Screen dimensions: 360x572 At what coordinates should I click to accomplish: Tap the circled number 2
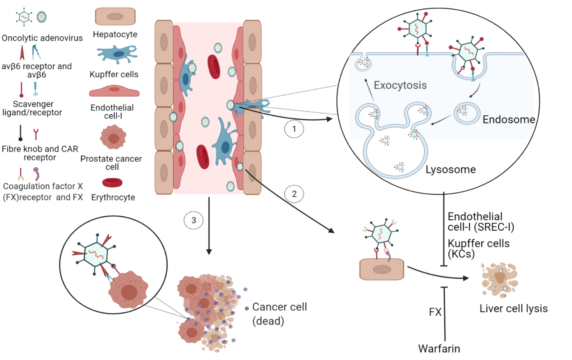(294, 195)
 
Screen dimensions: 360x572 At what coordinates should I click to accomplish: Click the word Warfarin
(439, 349)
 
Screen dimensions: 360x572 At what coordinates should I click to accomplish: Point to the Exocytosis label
(400, 85)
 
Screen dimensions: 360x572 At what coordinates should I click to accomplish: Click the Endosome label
(509, 119)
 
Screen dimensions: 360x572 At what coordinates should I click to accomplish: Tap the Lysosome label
(450, 170)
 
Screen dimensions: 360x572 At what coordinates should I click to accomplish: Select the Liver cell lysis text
(513, 309)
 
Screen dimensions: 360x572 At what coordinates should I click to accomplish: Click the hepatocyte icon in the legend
(115, 16)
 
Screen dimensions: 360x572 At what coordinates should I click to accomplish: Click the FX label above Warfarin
(435, 312)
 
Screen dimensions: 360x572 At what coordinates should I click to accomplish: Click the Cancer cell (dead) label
(279, 314)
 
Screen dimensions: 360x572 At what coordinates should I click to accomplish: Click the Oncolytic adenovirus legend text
(42, 38)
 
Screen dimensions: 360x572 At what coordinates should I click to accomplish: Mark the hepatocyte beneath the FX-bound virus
(382, 269)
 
